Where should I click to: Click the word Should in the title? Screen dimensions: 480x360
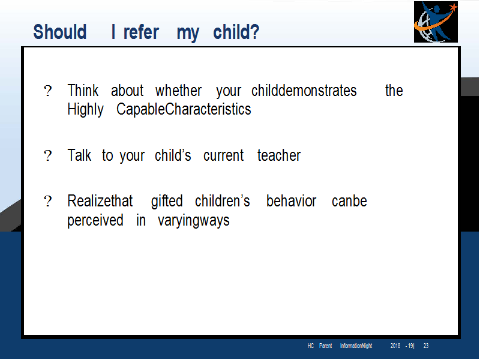(x=60, y=32)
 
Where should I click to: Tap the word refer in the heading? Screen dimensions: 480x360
(x=141, y=32)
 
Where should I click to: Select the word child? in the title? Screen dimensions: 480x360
(x=236, y=32)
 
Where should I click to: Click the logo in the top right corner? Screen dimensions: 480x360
(x=436, y=22)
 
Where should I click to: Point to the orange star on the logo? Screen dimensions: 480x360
(x=453, y=7)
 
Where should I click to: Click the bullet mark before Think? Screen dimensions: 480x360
(x=48, y=91)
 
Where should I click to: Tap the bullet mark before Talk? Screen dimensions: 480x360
(x=48, y=155)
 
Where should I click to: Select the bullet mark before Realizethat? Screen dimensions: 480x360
(x=48, y=202)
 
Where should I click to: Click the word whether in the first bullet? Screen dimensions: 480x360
(x=178, y=91)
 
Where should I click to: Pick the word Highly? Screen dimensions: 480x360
(x=85, y=110)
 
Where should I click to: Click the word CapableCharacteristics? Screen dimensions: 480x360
(x=184, y=109)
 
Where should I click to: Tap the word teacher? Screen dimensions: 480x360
(x=279, y=155)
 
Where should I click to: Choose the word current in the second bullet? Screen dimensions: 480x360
(x=223, y=155)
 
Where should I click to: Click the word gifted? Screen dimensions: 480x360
(x=167, y=202)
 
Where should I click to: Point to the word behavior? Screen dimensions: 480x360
(x=291, y=201)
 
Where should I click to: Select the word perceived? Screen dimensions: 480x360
(x=95, y=221)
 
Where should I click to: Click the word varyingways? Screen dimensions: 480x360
(x=193, y=221)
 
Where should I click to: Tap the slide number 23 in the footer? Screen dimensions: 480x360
(x=426, y=346)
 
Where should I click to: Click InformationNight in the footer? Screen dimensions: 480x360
(x=356, y=346)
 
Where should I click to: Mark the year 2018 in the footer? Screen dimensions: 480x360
(x=395, y=346)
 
